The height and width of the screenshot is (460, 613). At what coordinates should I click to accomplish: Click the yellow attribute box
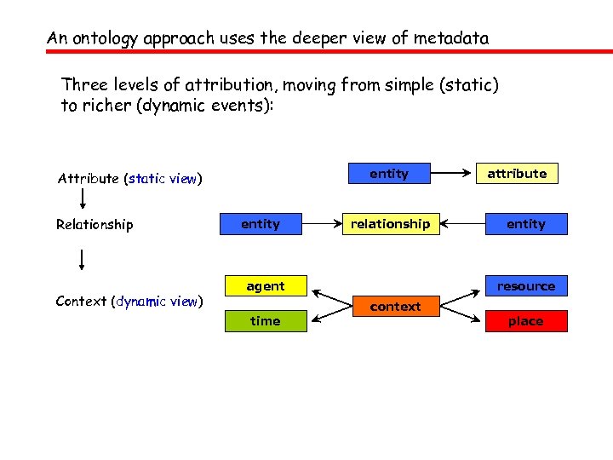coord(517,174)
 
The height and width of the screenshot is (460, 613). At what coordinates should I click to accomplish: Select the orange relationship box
coord(390,224)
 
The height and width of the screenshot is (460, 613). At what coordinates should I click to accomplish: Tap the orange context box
coord(395,306)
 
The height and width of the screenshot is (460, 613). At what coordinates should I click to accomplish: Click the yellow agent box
coord(266,286)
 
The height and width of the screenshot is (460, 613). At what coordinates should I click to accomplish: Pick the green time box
coord(266,321)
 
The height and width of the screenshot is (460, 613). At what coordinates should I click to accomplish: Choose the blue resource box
coord(525,287)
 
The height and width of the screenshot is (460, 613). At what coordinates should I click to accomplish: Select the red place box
coord(525,321)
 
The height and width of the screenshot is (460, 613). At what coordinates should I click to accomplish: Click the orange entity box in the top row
coord(389,174)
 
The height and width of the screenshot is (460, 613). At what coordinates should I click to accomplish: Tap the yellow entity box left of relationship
coord(261,224)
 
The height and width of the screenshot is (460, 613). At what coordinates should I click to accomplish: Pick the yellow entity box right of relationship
coord(525,224)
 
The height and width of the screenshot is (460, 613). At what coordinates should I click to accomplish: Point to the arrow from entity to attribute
coord(452,174)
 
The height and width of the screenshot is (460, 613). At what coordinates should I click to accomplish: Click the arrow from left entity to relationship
coord(324,224)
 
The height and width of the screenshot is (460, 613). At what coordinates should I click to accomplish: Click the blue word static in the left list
coord(146,179)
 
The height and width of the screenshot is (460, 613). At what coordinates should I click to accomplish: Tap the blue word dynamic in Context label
coord(140,301)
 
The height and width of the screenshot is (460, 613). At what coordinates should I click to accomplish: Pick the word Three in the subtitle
coord(82,85)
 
